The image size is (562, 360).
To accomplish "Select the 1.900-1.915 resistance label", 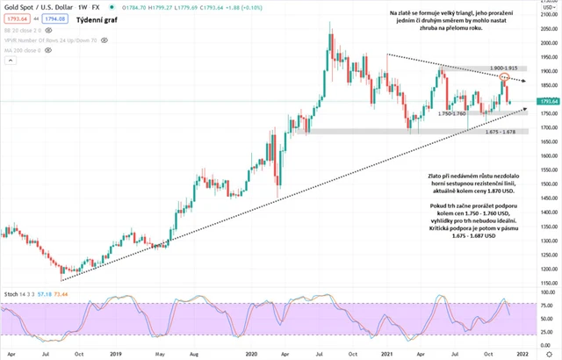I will click(484, 68).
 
